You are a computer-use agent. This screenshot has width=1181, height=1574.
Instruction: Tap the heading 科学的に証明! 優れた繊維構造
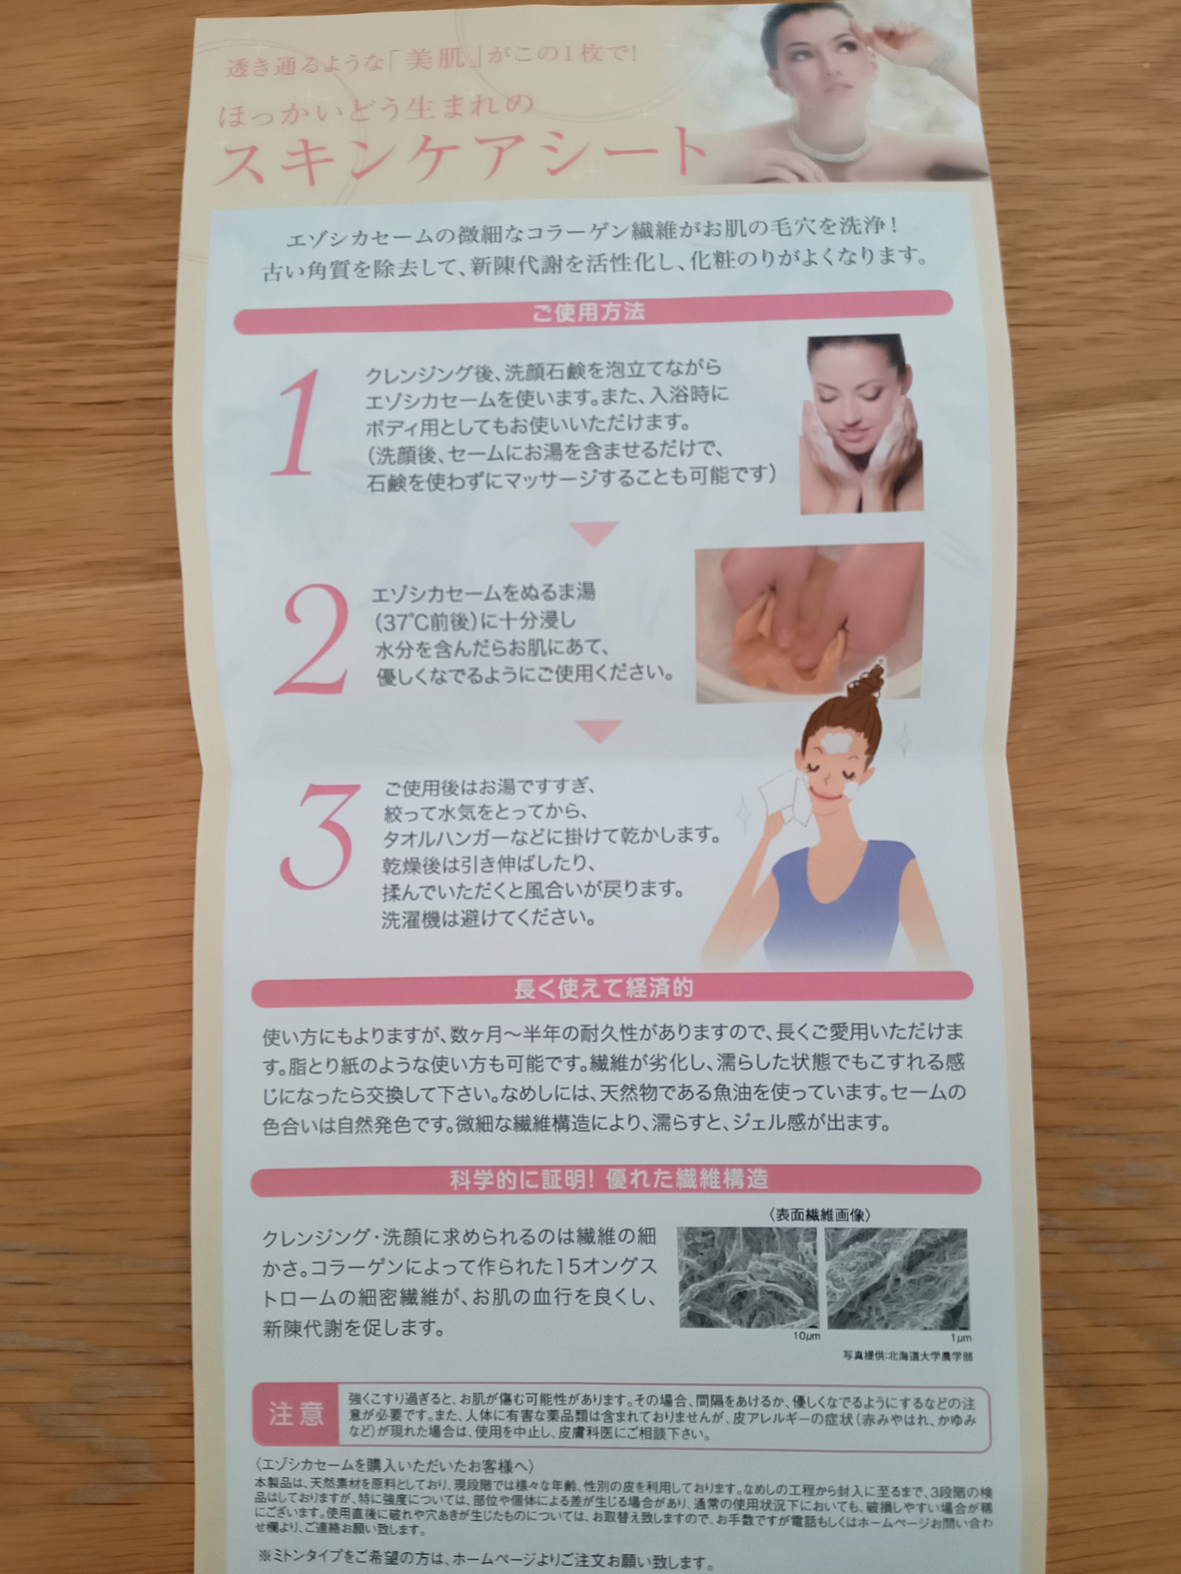(609, 1179)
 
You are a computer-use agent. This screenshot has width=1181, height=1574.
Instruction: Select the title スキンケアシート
(459, 156)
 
